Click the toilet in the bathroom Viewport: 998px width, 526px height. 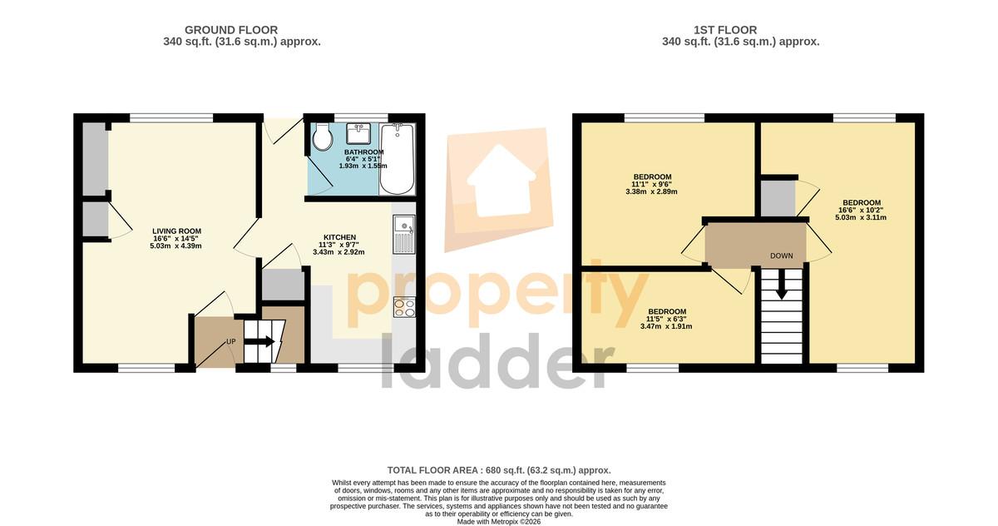pyautogui.click(x=322, y=136)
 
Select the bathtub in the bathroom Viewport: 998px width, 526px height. pyautogui.click(x=397, y=159)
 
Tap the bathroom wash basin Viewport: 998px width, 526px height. pyautogui.click(x=358, y=134)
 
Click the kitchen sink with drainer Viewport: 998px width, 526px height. pyautogui.click(x=404, y=235)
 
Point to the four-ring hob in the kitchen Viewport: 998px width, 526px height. pyautogui.click(x=404, y=307)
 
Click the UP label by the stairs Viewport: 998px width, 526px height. pyautogui.click(x=231, y=342)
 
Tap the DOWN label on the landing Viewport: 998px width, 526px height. pyautogui.click(x=782, y=256)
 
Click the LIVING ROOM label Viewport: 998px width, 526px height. pyautogui.click(x=177, y=231)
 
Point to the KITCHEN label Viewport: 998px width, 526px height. pyautogui.click(x=339, y=237)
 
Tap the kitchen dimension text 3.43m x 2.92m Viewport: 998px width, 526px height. pyautogui.click(x=338, y=252)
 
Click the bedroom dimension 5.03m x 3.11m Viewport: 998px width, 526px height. pyautogui.click(x=861, y=217)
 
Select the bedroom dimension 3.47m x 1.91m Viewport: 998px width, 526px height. pyautogui.click(x=666, y=326)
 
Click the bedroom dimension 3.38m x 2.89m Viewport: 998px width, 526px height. pyautogui.click(x=651, y=191)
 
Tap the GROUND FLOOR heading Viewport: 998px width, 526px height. pyautogui.click(x=231, y=30)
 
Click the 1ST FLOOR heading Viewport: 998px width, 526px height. pyautogui.click(x=725, y=30)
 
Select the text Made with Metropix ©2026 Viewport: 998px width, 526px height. pyautogui.click(x=499, y=522)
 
